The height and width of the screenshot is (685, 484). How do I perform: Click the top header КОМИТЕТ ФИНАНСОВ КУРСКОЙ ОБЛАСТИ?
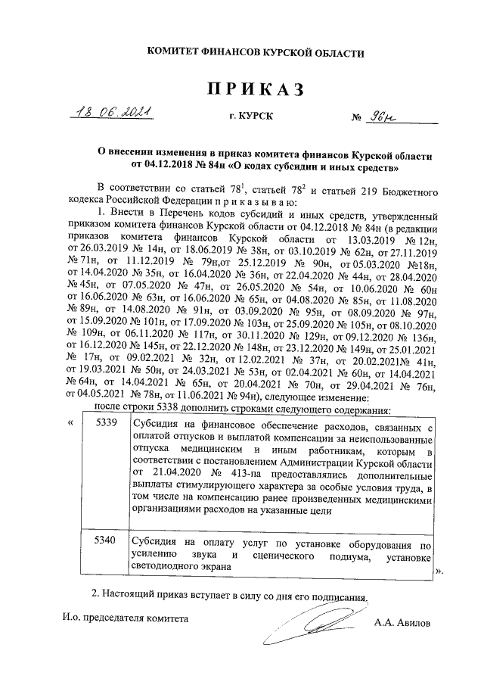(x=244, y=53)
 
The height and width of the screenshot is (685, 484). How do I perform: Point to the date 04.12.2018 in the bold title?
(x=168, y=164)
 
